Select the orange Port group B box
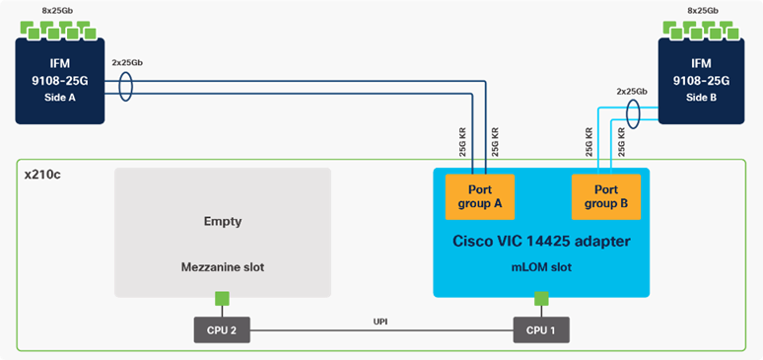click(x=606, y=197)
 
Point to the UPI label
click(x=381, y=321)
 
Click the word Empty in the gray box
click(x=222, y=222)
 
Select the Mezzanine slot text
click(x=222, y=265)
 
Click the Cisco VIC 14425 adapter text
click(x=540, y=240)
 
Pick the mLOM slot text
click(x=540, y=265)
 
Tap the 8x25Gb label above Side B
click(x=703, y=9)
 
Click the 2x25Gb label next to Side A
click(x=127, y=60)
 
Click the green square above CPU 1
click(x=540, y=299)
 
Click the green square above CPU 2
click(x=222, y=299)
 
